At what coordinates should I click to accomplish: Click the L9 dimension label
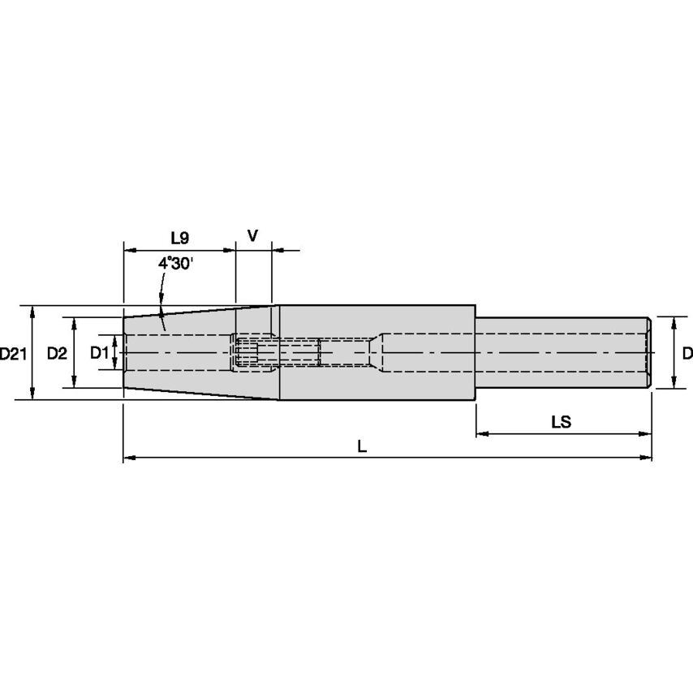(x=180, y=239)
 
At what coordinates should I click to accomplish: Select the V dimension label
(x=252, y=236)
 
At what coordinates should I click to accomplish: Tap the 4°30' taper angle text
(x=176, y=264)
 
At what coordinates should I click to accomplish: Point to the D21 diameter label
(x=13, y=354)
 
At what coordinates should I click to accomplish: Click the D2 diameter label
(x=57, y=354)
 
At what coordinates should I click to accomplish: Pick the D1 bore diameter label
(x=99, y=353)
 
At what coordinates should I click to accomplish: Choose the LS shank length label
(x=562, y=422)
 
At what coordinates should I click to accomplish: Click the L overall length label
(x=362, y=446)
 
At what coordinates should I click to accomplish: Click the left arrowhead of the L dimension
(x=128, y=458)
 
